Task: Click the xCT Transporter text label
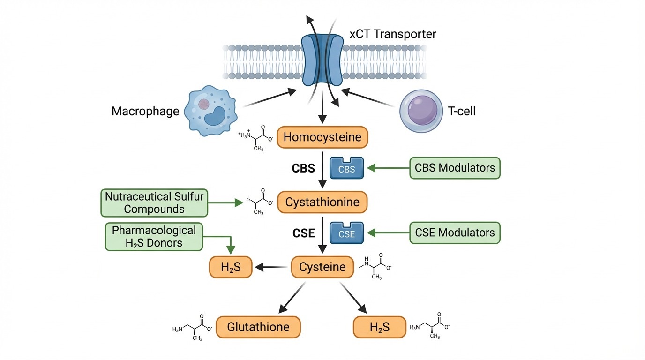[x=393, y=34]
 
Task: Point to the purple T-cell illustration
[x=420, y=112]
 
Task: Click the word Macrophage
[x=145, y=111]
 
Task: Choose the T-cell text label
[x=462, y=111]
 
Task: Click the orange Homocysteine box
[x=322, y=137]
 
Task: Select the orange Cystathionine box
[x=322, y=202]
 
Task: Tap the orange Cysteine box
[x=322, y=267]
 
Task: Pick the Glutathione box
[x=258, y=327]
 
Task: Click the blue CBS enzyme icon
[x=347, y=168]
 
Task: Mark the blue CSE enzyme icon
[x=347, y=233]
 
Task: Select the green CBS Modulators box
[x=455, y=168]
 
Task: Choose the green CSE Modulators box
[x=455, y=233]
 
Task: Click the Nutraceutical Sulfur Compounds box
[x=154, y=202]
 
